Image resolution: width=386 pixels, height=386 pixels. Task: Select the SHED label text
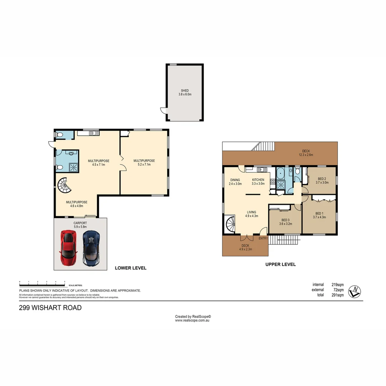(x=185, y=91)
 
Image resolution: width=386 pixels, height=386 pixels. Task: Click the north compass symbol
(x=355, y=292)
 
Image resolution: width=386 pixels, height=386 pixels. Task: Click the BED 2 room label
(x=322, y=179)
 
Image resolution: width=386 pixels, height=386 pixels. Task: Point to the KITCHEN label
(x=258, y=180)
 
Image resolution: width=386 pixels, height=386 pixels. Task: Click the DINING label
(x=235, y=180)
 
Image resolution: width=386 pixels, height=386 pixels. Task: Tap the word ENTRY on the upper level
(x=263, y=238)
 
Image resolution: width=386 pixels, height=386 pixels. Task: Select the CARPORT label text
(x=80, y=223)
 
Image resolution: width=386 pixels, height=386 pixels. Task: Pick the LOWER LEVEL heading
(x=130, y=268)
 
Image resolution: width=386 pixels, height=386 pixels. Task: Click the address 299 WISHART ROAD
(x=50, y=307)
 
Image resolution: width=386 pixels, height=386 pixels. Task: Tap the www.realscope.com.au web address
(x=192, y=321)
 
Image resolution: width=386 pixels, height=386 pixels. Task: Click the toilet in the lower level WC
(x=60, y=135)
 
